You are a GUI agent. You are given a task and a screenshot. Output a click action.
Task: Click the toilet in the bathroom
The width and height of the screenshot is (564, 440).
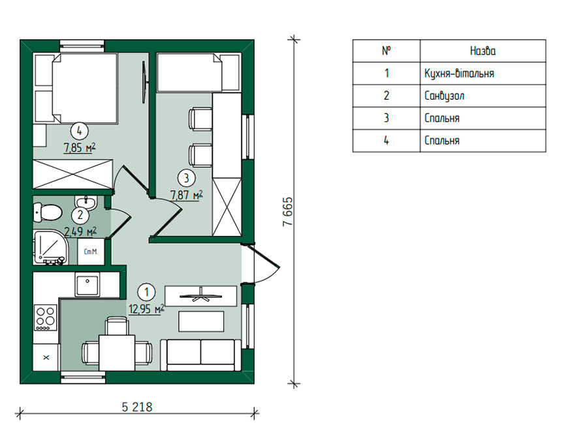(47, 212)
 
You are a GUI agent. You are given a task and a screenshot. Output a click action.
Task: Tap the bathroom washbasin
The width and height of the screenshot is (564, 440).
(86, 202)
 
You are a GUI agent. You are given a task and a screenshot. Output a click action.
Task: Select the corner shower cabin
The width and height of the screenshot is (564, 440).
(50, 248)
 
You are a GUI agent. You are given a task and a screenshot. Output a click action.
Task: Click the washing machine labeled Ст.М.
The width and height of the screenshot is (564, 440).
(91, 252)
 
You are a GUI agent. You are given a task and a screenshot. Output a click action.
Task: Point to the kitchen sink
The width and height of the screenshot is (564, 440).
(87, 284)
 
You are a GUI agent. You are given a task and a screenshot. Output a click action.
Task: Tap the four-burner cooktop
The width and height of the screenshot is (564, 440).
(46, 317)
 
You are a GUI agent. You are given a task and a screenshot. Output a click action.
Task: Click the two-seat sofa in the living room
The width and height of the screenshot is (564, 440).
(200, 355)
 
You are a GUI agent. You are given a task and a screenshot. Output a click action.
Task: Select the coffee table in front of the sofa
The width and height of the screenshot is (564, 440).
(201, 321)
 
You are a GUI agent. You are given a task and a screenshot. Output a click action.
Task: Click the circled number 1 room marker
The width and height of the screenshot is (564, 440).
(146, 292)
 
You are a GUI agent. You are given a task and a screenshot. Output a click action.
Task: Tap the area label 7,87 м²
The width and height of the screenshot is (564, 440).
(186, 195)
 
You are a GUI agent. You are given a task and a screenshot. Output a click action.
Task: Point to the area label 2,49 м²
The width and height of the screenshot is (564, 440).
(80, 231)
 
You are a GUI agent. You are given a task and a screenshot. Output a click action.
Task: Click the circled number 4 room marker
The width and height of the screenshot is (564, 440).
(79, 131)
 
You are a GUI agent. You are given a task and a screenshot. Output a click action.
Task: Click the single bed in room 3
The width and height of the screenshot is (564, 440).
(198, 72)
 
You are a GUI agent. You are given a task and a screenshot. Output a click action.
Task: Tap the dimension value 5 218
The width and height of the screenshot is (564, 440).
(137, 407)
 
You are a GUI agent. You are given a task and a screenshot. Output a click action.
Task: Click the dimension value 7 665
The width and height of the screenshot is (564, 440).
(288, 212)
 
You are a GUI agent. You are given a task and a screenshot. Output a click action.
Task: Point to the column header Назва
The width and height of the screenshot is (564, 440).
(482, 51)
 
